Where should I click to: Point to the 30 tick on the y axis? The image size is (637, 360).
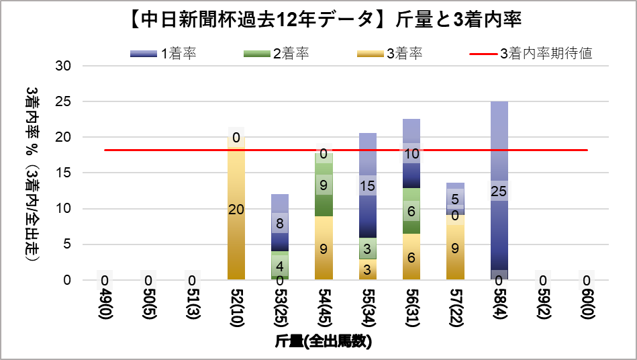(x=64, y=66)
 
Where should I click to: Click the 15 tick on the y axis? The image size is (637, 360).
(x=64, y=173)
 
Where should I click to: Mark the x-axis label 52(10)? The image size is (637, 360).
(x=236, y=307)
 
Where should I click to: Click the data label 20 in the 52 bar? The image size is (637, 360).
(x=236, y=210)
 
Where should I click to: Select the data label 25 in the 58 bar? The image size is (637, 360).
(x=498, y=191)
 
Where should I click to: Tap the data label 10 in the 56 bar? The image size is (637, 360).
(x=411, y=154)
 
